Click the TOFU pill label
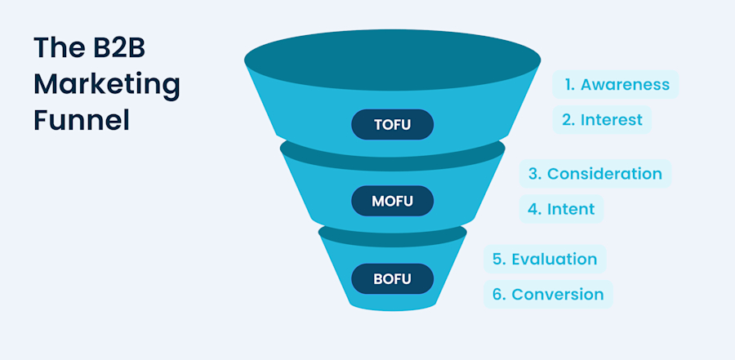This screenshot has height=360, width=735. [x=392, y=125]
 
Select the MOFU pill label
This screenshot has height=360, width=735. [x=392, y=200]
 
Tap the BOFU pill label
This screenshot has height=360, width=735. [x=392, y=279]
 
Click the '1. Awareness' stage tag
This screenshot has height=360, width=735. [x=616, y=84]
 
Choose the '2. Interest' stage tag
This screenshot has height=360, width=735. [x=602, y=120]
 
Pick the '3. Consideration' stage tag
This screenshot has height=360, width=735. [x=595, y=173]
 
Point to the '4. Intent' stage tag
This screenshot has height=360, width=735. [x=561, y=208]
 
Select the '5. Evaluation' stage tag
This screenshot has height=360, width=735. [x=545, y=259]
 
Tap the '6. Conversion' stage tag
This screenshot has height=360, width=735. [x=547, y=294]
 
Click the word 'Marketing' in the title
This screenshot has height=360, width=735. [x=107, y=84]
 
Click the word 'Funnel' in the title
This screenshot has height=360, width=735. [x=82, y=120]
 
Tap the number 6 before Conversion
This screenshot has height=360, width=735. [x=497, y=294]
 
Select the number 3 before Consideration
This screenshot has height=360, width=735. [x=533, y=173]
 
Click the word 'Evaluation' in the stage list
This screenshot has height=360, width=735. [x=555, y=259]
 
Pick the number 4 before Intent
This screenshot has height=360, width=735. [x=533, y=208]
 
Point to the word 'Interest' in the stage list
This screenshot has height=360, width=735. [x=612, y=120]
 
